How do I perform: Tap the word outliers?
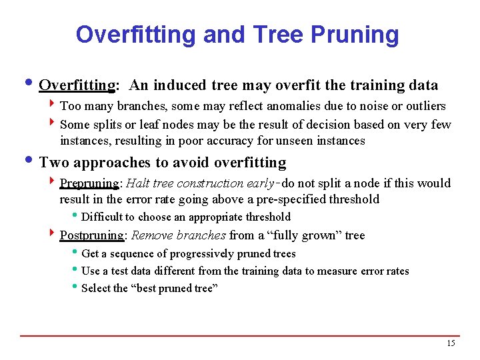click(x=423, y=106)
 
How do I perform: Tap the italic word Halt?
click(x=138, y=183)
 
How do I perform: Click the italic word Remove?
click(x=151, y=235)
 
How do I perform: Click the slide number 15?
click(x=451, y=343)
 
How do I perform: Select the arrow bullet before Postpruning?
click(x=52, y=235)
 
